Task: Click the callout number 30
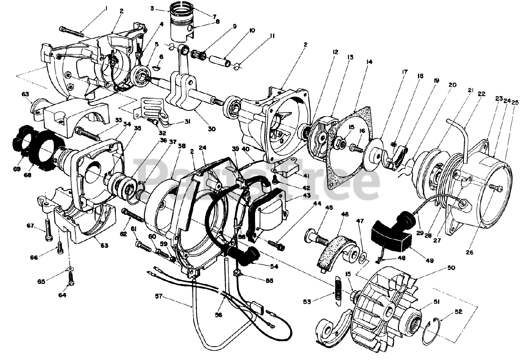211,129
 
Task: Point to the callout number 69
16,169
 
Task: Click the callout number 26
469,252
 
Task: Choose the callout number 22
481,94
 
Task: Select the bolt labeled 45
315,236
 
